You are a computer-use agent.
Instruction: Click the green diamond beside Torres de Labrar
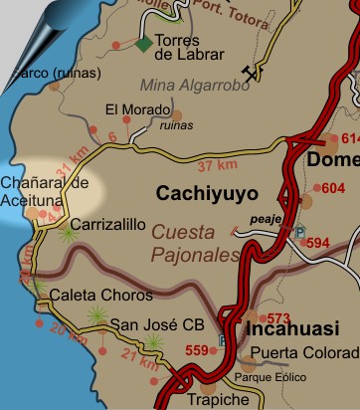pos(145,44)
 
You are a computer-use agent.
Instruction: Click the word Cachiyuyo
pos(207,193)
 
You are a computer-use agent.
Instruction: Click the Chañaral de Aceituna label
pos(45,192)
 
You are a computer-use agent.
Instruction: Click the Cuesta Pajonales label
pos(197,243)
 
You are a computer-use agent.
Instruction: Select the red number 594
pos(316,243)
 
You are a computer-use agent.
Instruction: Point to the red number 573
pos(279,318)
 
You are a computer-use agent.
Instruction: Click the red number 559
pos(198,349)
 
